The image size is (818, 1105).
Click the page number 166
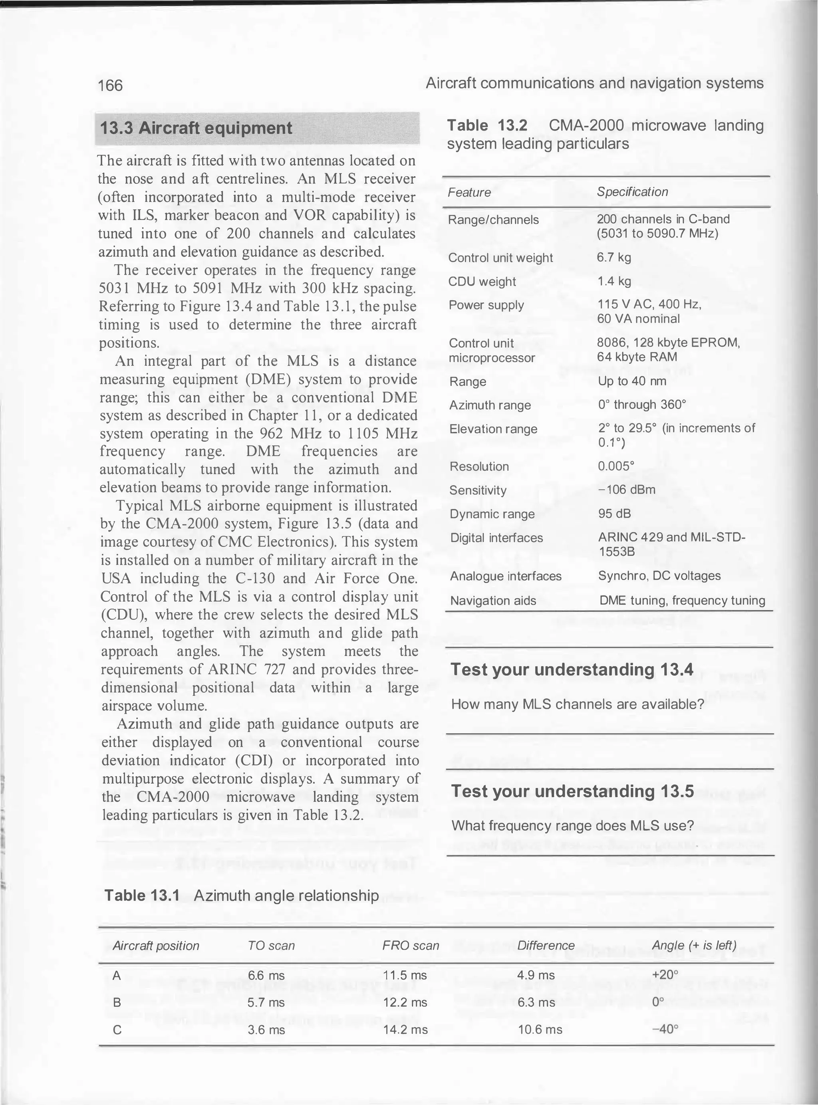pos(110,85)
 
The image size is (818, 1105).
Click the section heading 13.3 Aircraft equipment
pos(196,128)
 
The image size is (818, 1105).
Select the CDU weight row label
pos(482,281)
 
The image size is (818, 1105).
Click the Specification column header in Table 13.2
pos(632,192)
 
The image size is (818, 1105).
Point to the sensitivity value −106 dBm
pos(627,490)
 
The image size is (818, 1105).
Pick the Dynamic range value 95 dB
pos(614,514)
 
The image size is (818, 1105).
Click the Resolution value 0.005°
pos(616,466)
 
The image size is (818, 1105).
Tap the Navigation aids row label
pos(493,601)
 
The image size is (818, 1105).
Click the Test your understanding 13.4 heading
pos(572,669)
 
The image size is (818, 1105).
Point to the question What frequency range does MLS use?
pos(572,826)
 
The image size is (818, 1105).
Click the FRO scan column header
pos(411,946)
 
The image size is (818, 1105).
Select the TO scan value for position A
pos(266,975)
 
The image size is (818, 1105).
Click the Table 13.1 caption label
pos(142,896)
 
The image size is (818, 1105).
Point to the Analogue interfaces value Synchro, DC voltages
pos(659,576)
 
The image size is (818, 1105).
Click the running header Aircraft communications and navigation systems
pos(594,83)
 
